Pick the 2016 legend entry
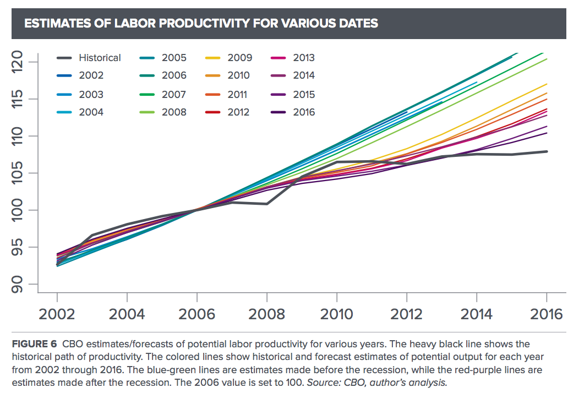coord(304,112)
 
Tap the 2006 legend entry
coord(174,75)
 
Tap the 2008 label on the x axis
coord(266,314)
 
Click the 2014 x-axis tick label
coord(476,314)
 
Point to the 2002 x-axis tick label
coord(57,314)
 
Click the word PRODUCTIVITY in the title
coord(196,23)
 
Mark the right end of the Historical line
coord(546,151)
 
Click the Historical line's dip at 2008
coord(267,204)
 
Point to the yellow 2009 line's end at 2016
coord(546,84)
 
